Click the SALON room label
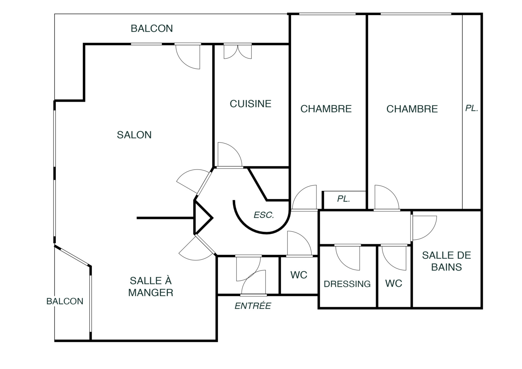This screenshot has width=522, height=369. pyautogui.click(x=134, y=135)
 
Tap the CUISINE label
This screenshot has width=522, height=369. pyautogui.click(x=251, y=104)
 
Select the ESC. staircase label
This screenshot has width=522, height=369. pyautogui.click(x=264, y=215)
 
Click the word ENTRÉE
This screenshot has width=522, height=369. pyautogui.click(x=253, y=306)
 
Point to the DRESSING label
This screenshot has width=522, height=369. pyautogui.click(x=347, y=284)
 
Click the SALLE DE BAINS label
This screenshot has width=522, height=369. pyautogui.click(x=447, y=261)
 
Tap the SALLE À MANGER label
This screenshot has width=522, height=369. pyautogui.click(x=151, y=287)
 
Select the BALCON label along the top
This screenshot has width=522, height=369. pyautogui.click(x=152, y=28)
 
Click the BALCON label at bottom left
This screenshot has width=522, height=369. pyautogui.click(x=65, y=301)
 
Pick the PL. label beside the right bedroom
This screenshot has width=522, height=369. pyautogui.click(x=472, y=108)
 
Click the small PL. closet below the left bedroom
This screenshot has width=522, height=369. pyautogui.click(x=344, y=199)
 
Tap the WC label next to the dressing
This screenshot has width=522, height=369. pyautogui.click(x=393, y=283)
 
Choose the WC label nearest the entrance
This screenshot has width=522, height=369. pyautogui.click(x=299, y=275)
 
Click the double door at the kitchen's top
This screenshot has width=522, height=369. pyautogui.click(x=238, y=51)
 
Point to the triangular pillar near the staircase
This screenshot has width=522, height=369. pyautogui.click(x=202, y=218)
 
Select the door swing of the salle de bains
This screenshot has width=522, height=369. pyautogui.click(x=424, y=228)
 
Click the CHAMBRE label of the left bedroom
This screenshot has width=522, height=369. pyautogui.click(x=326, y=109)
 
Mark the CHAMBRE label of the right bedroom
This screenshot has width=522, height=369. pyautogui.click(x=412, y=109)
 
